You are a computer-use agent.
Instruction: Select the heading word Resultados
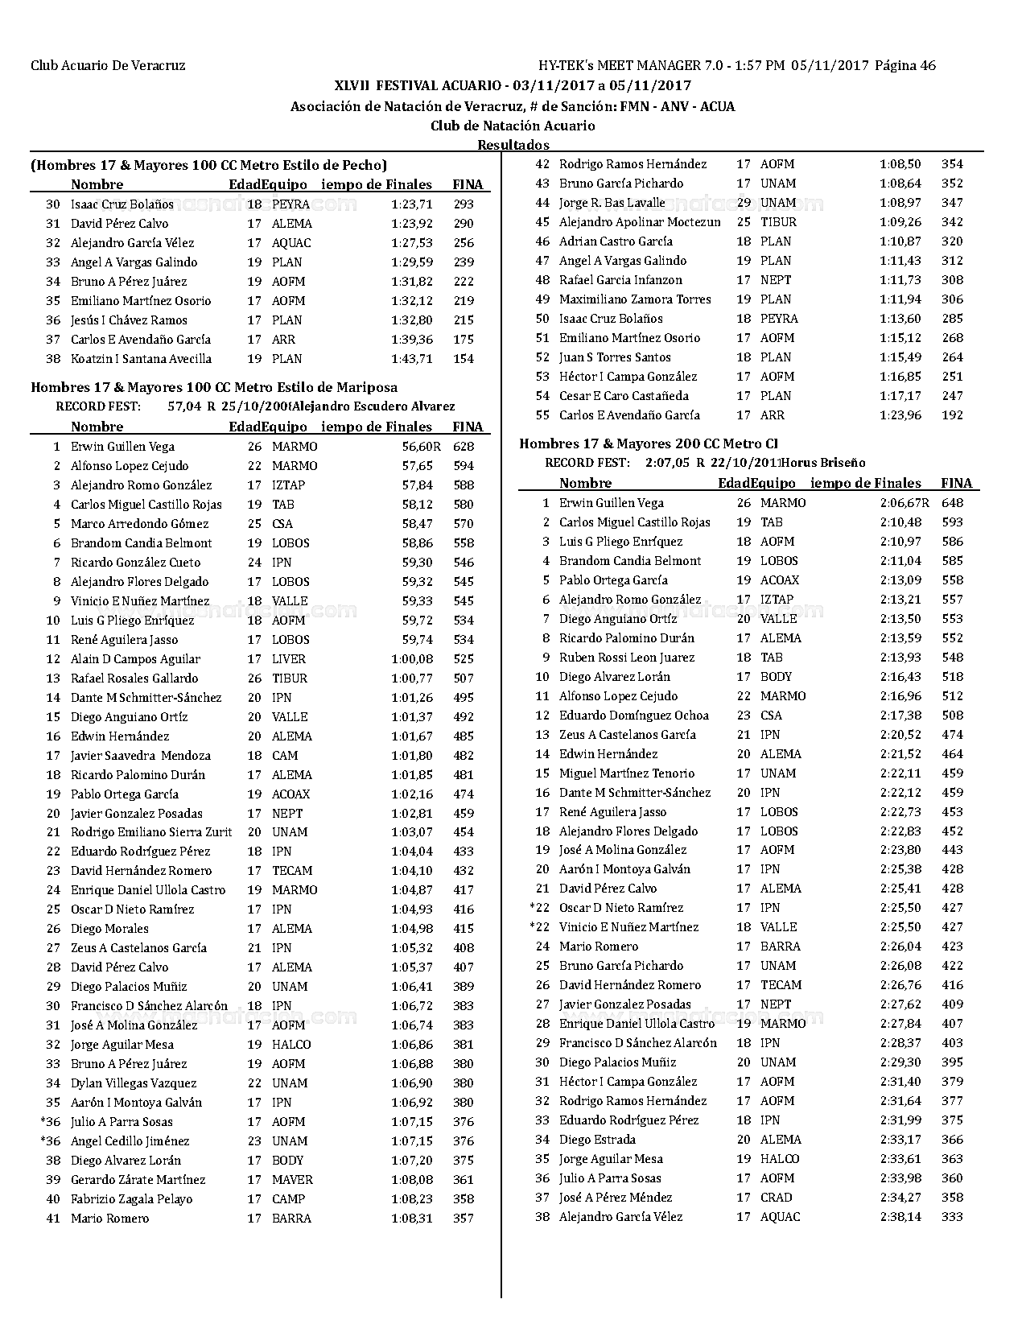click(513, 145)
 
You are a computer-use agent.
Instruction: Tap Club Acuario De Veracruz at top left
click(108, 66)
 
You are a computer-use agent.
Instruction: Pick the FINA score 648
click(952, 503)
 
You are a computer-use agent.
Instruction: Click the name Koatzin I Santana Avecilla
click(141, 359)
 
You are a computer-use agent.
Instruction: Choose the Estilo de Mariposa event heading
click(214, 387)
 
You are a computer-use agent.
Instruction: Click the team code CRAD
click(776, 1198)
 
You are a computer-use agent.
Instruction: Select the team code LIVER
click(289, 659)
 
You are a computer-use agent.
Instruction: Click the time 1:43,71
click(411, 359)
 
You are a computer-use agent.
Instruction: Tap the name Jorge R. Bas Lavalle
click(612, 203)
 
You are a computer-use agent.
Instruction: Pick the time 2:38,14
click(900, 1217)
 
